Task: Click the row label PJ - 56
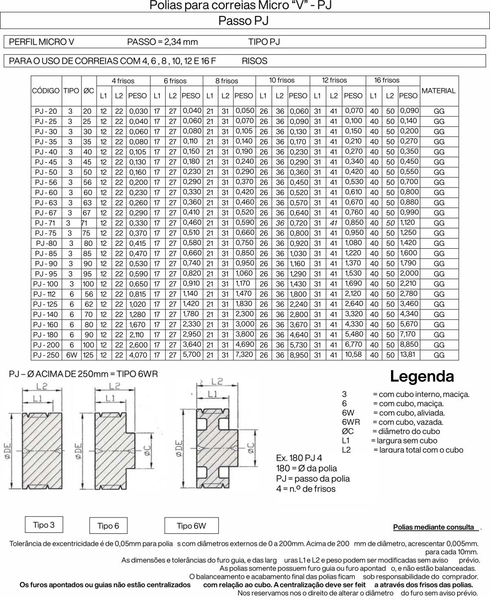coord(46,183)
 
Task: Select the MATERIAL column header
coord(438,91)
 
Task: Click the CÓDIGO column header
coord(46,91)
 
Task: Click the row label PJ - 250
coord(46,355)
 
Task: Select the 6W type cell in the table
coord(72,355)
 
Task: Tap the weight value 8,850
coord(408,345)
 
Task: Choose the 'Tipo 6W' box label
coord(191,525)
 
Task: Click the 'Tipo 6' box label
coord(108,526)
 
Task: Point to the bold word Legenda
coord(422,376)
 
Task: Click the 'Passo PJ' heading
coord(244,20)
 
